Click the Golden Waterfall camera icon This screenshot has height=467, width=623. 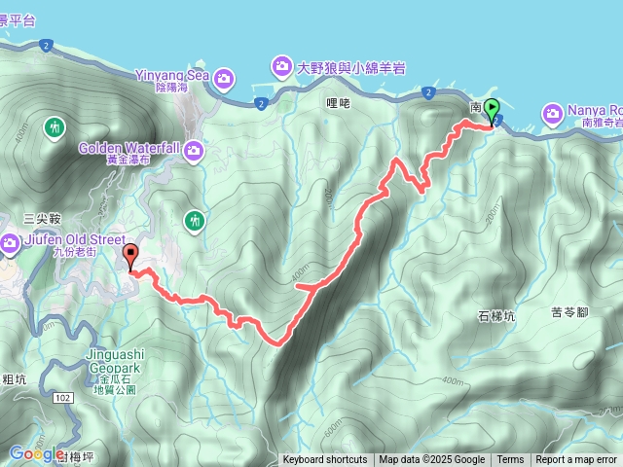coord(194,149)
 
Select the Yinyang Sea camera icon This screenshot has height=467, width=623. coord(225,77)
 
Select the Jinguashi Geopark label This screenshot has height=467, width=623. coord(100,363)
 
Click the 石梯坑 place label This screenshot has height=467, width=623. coord(496,316)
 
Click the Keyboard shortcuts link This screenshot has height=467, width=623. coord(325,460)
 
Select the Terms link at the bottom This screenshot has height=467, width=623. coord(510,460)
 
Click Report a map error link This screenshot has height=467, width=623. coord(576,460)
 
